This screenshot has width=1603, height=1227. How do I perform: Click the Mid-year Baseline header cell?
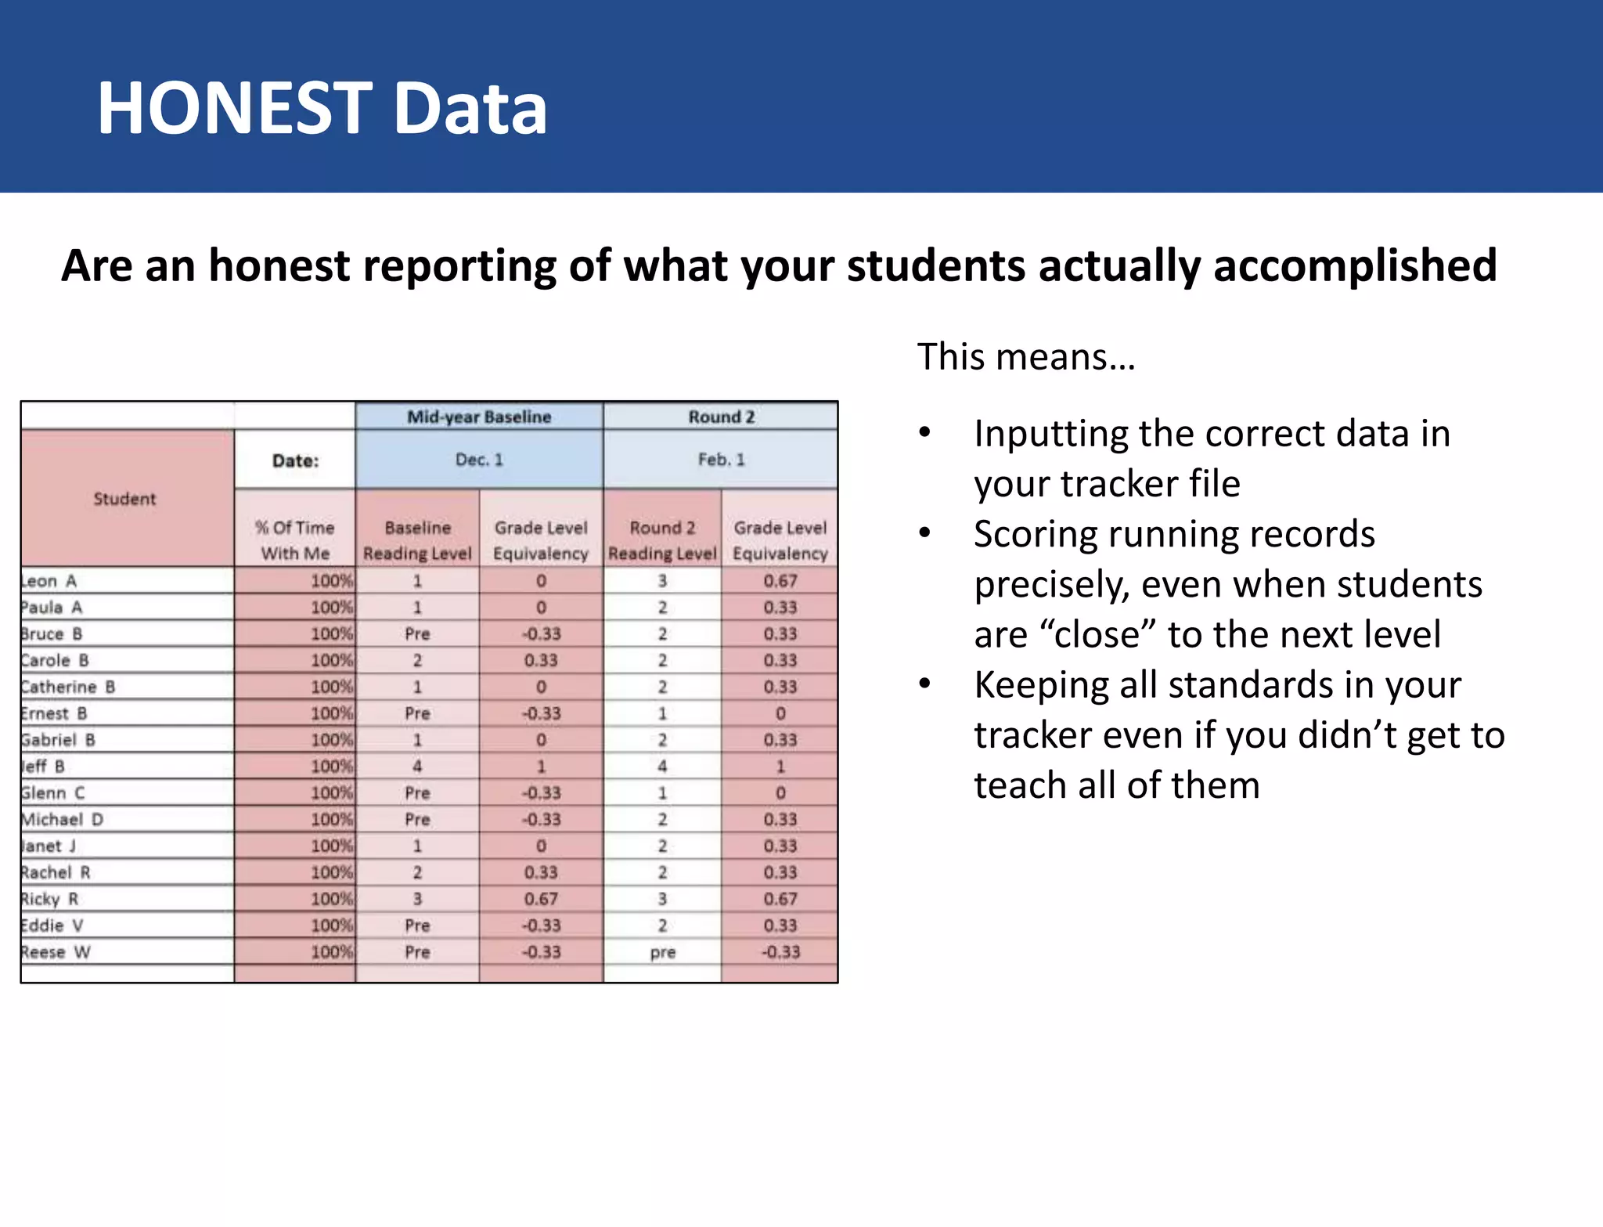coord(479,417)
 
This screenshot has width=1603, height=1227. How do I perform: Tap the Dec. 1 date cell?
coord(479,460)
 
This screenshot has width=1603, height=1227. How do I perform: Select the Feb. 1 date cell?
coord(721,460)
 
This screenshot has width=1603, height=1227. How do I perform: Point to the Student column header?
coord(125,499)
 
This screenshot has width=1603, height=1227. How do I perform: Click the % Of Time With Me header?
coord(295,540)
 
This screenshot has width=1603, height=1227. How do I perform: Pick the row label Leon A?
coord(49,581)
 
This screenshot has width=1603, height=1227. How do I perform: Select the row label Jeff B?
coord(43,767)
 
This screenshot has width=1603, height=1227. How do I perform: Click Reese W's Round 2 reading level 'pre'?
coord(662,953)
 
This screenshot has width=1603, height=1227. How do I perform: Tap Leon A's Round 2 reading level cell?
coord(662,581)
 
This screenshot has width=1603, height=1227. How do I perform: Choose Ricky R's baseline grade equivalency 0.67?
coord(541,899)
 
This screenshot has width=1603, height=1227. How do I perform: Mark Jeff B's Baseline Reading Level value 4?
coord(417,767)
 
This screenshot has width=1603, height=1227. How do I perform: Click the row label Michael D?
coord(62,820)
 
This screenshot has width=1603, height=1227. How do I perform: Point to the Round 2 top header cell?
coord(721,417)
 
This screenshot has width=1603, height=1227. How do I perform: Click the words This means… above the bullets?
coord(1026,357)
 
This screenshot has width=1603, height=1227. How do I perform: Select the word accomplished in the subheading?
coord(1355,266)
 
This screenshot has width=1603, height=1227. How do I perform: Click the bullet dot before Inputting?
coord(925,433)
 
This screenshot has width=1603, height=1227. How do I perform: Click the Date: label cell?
coord(295,460)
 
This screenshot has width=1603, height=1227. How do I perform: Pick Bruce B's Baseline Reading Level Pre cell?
coord(417,634)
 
